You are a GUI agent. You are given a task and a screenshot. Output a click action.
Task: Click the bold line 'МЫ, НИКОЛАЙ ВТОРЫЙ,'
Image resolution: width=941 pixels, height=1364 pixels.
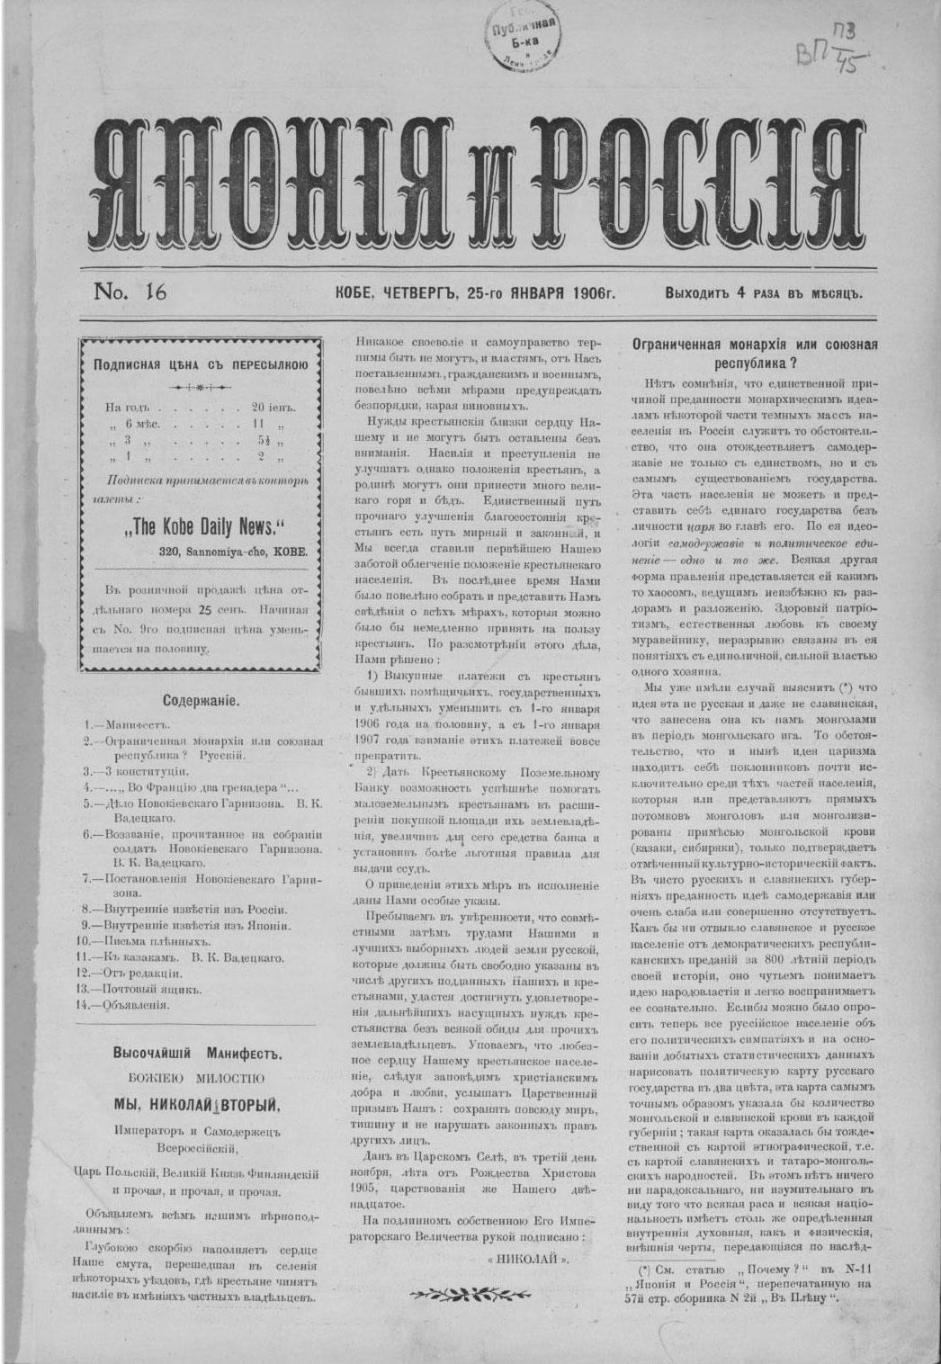coord(197,1104)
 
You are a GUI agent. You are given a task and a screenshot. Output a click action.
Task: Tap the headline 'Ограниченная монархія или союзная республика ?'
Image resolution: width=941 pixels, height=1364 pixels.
coord(755,352)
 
